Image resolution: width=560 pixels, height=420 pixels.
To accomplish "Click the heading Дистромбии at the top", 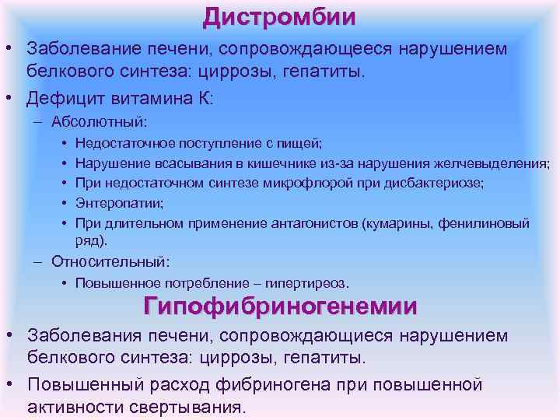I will pyautogui.click(x=279, y=16).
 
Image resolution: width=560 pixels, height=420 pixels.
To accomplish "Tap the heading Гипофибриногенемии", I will pyautogui.click(x=279, y=306).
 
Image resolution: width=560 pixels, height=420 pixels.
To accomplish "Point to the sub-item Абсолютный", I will pyautogui.click(x=99, y=122).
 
